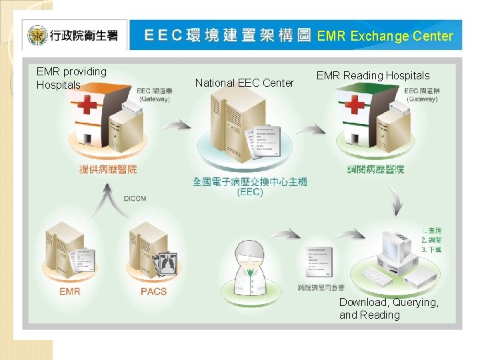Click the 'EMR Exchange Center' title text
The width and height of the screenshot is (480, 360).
(x=385, y=37)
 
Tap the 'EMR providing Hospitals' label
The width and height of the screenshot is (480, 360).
(x=71, y=78)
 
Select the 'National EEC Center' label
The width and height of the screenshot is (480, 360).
(x=244, y=83)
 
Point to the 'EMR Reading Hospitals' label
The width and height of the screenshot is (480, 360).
(x=373, y=76)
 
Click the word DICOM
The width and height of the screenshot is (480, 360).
(x=135, y=198)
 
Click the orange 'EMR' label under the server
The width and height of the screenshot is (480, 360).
(x=70, y=291)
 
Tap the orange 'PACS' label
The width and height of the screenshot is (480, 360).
(x=153, y=291)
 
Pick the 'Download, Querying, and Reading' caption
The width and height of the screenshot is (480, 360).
(x=389, y=309)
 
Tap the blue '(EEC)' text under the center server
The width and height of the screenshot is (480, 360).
(x=250, y=193)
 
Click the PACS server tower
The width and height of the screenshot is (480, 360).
(x=143, y=247)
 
